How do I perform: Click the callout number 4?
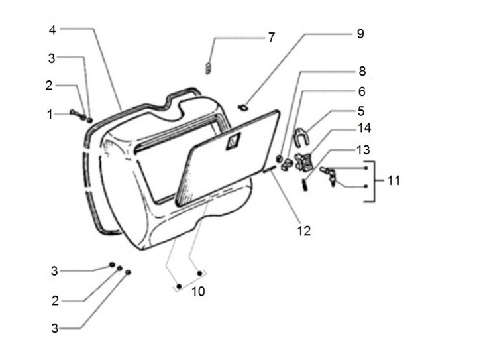[x=52, y=30]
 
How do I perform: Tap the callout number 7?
[x=272, y=38]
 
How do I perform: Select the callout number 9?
[x=360, y=34]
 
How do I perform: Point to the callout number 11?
[x=394, y=180]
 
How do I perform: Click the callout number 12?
[x=304, y=231]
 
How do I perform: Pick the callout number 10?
[x=198, y=292]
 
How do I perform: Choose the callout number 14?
[x=364, y=128]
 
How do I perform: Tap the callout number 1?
[x=50, y=115]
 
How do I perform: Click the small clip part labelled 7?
[x=209, y=68]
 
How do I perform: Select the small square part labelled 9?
[x=242, y=107]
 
